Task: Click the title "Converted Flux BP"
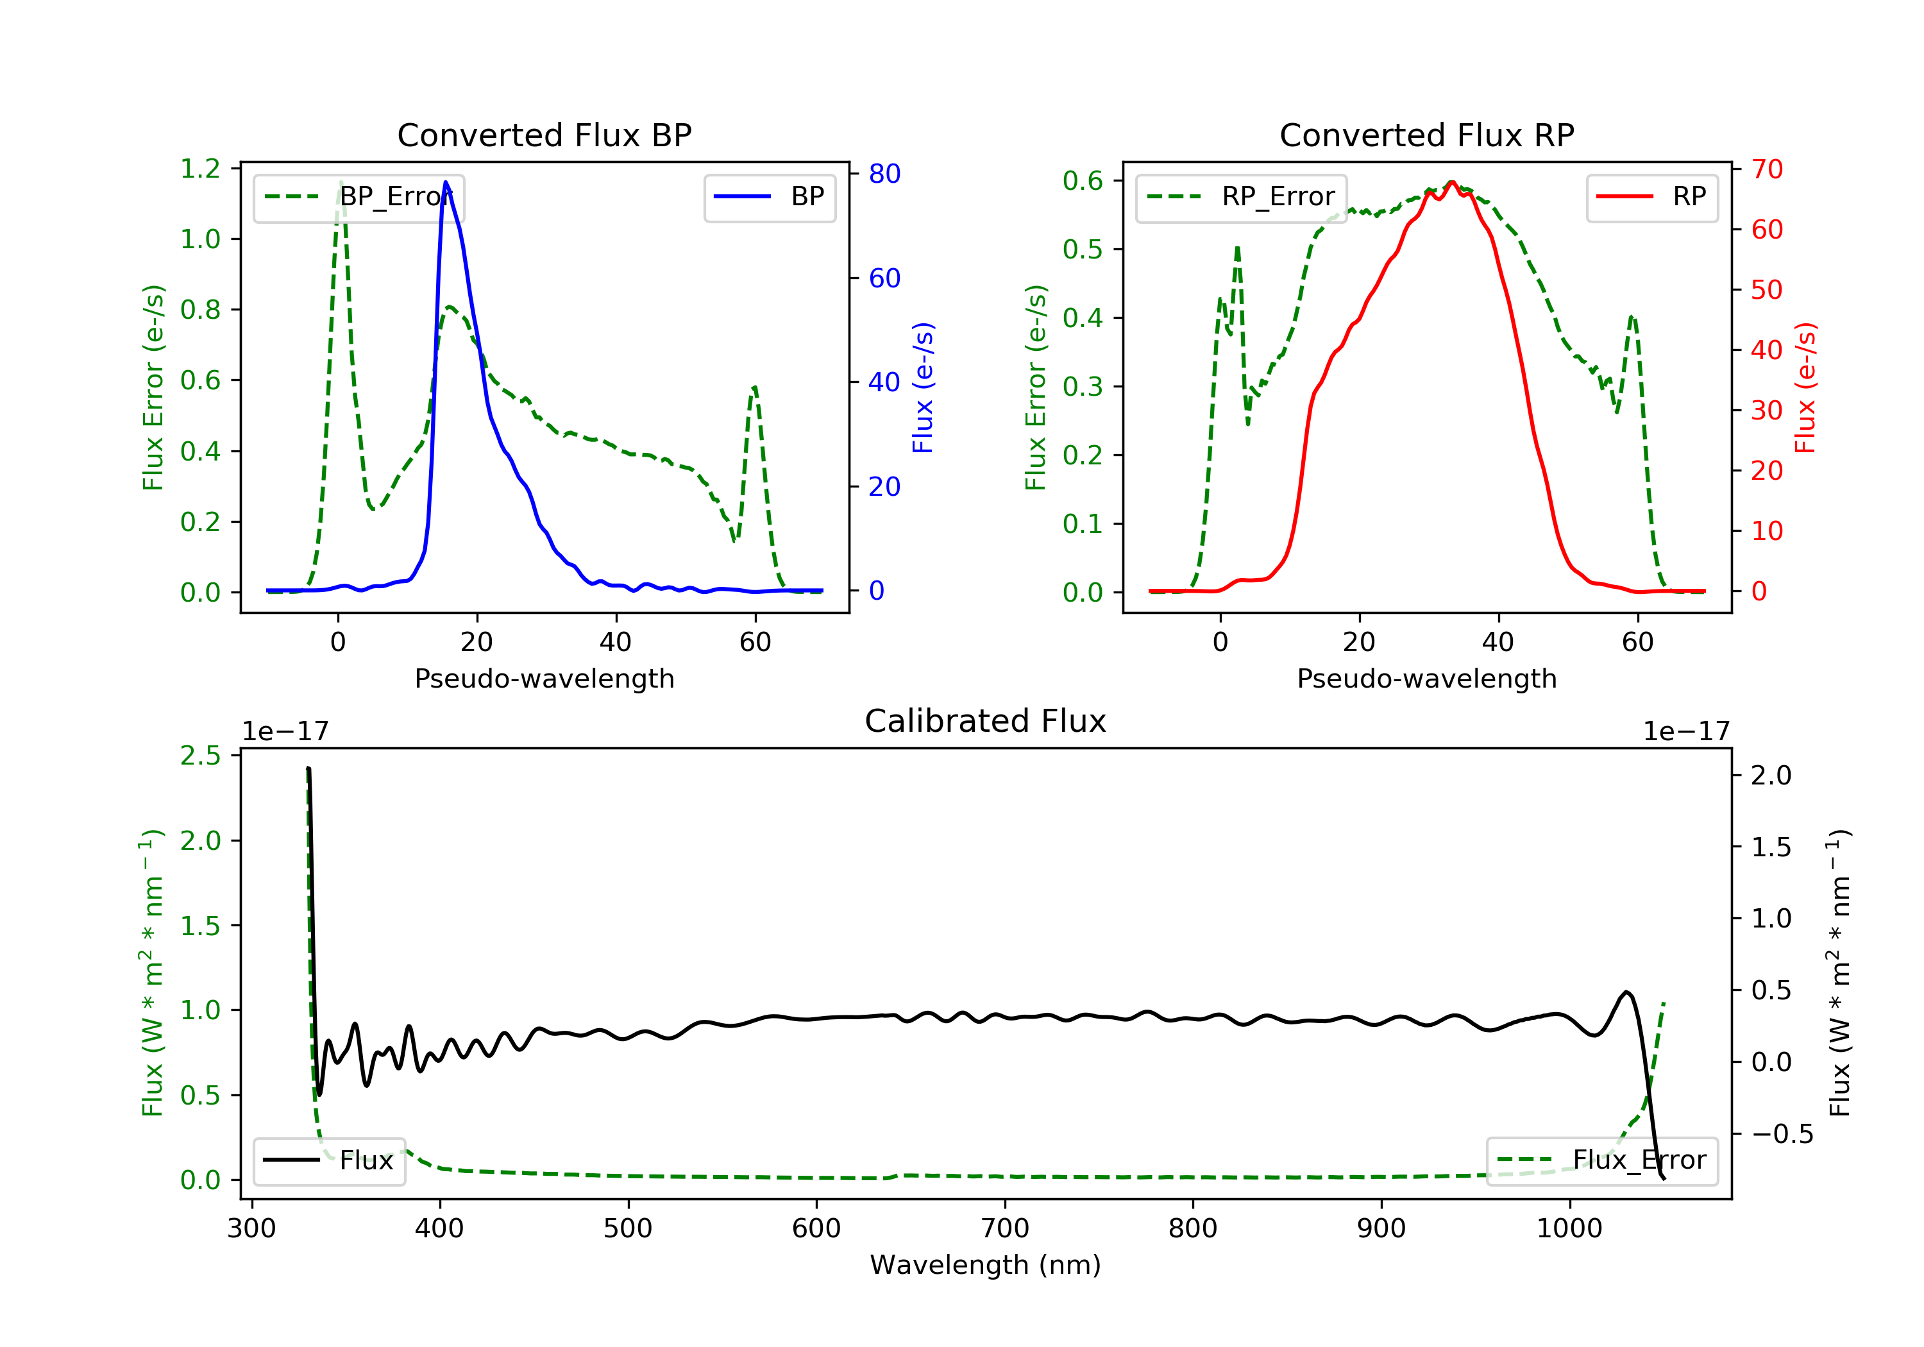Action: point(544,135)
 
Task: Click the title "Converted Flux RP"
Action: point(1426,135)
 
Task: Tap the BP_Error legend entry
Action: point(359,197)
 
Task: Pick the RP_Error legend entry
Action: point(1241,197)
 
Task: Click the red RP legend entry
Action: point(1651,197)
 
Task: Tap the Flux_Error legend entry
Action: point(1601,1160)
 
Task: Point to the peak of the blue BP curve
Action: point(446,182)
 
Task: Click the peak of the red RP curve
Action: point(1451,182)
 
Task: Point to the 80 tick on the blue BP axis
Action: point(884,174)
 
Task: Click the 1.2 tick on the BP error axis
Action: point(200,169)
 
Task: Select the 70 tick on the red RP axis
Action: point(1766,169)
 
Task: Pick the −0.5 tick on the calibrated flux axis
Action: point(1782,1134)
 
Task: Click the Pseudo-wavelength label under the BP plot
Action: point(544,678)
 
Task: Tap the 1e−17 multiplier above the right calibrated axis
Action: point(1686,732)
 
